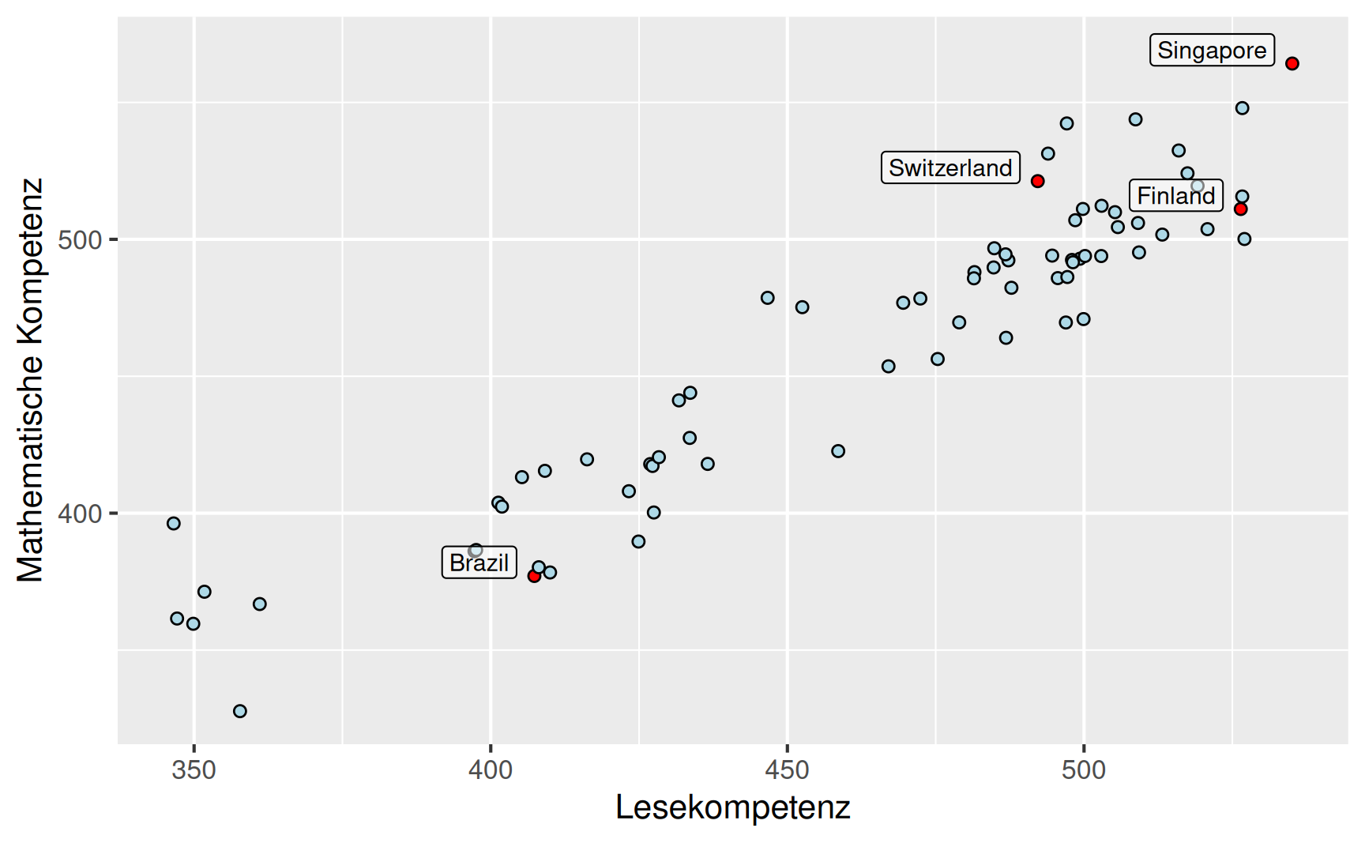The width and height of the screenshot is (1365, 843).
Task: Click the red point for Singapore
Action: pos(1292,63)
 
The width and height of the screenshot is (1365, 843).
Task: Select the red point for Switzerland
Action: pos(1038,181)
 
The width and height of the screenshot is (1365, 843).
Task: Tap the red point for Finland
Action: pos(1241,209)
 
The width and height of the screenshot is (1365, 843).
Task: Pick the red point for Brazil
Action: pos(534,576)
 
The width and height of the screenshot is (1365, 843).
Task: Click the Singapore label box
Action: pos(1212,50)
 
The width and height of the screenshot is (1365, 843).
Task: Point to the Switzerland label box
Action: pos(950,167)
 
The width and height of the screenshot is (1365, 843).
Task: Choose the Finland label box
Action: pos(1176,195)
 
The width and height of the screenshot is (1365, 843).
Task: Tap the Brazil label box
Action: pos(479,563)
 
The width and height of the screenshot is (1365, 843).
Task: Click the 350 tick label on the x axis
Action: pos(194,770)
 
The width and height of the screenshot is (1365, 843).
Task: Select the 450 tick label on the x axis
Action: pos(788,770)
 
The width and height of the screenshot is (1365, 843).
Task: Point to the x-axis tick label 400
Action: pos(491,770)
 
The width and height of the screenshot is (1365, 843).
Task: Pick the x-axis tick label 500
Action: pos(1084,770)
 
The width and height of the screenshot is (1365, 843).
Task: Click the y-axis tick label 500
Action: pos(81,239)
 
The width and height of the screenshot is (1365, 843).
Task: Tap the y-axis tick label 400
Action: pos(81,514)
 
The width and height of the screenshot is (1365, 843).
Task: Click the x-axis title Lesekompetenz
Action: pos(732,807)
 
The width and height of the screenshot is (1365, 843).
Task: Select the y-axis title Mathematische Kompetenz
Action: pos(30,379)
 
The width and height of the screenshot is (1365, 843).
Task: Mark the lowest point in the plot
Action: pos(240,711)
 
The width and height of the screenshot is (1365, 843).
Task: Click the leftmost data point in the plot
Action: pos(174,523)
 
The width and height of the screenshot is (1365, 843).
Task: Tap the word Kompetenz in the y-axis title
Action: pos(30,261)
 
